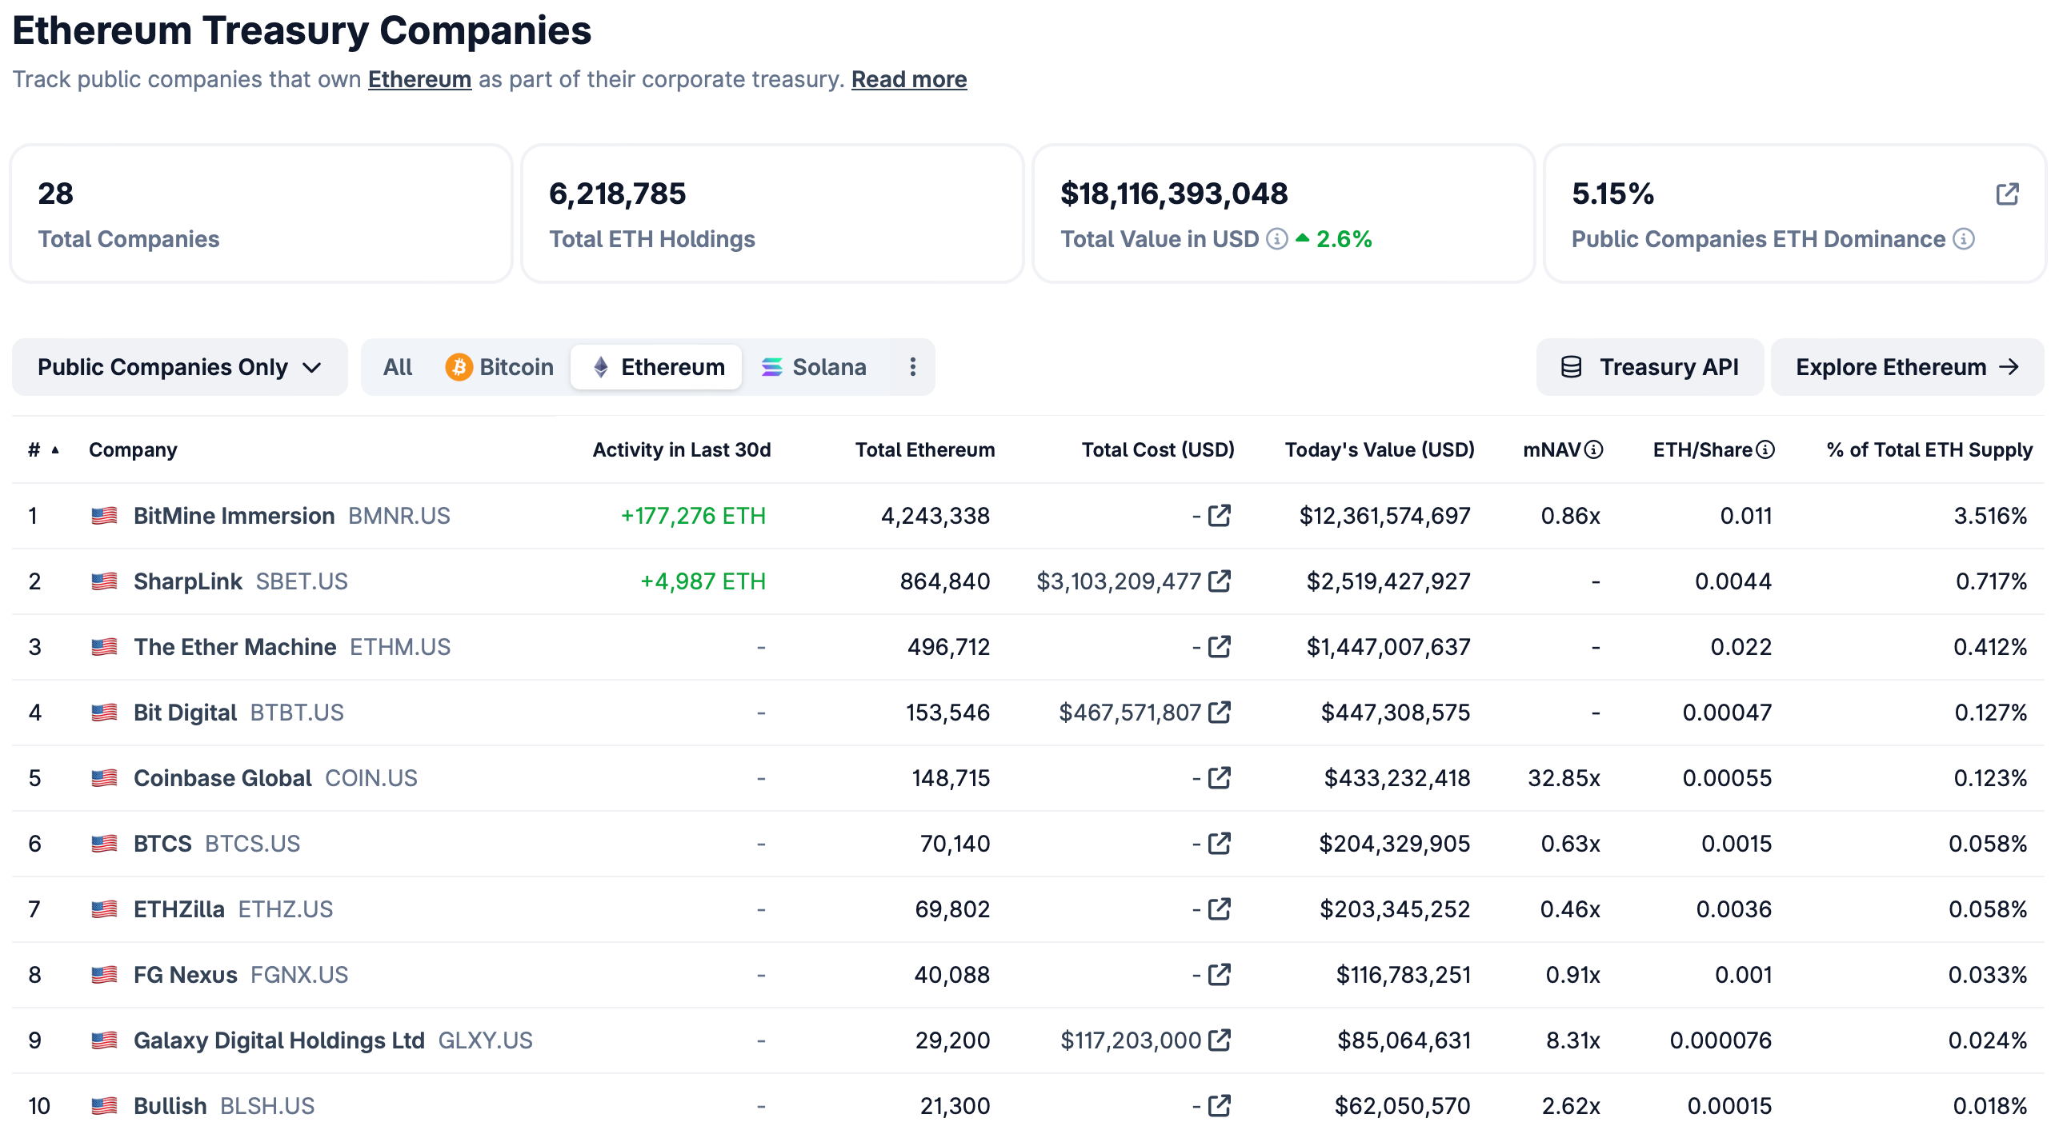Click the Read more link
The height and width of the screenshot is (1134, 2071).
(x=908, y=79)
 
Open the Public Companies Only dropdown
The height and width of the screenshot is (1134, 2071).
(x=179, y=367)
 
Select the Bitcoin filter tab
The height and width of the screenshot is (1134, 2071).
(x=499, y=367)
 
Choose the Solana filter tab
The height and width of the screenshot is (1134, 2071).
(x=814, y=367)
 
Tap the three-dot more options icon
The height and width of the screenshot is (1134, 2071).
(x=912, y=367)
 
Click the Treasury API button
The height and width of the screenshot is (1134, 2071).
(x=1650, y=367)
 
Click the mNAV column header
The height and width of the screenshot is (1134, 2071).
(x=1552, y=450)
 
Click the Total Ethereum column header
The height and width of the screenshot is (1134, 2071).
(x=924, y=450)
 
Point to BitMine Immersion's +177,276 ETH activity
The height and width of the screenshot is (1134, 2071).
(x=693, y=516)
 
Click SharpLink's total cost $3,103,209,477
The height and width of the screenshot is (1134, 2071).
(x=1118, y=582)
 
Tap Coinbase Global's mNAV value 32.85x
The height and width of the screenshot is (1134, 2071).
(x=1564, y=779)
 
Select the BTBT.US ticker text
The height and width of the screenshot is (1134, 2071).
(x=297, y=713)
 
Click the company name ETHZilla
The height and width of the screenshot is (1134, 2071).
(x=178, y=910)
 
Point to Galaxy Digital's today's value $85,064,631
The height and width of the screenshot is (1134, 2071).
(x=1404, y=1040)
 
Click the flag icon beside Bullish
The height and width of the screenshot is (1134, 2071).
(x=105, y=1107)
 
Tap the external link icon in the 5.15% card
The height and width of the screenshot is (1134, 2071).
(x=2008, y=194)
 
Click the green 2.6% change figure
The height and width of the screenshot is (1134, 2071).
(x=1344, y=239)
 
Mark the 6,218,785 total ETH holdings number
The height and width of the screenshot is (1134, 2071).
(x=618, y=194)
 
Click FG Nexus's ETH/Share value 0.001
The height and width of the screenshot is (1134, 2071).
(x=1743, y=976)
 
